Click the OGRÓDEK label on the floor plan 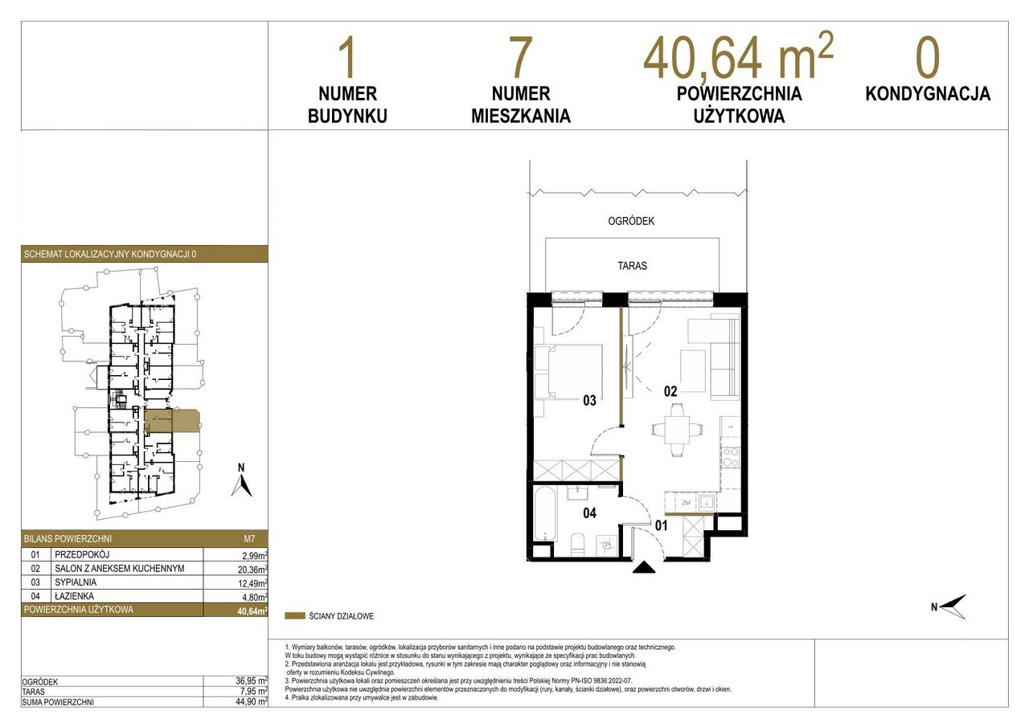[x=631, y=221]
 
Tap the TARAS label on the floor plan [x=632, y=266]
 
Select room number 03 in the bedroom [x=589, y=401]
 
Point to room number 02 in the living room [x=670, y=391]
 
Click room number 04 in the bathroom [x=589, y=513]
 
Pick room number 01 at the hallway [x=661, y=525]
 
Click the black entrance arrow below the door [x=644, y=567]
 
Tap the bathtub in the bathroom [x=546, y=514]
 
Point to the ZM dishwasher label [x=686, y=503]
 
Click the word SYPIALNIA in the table [x=76, y=582]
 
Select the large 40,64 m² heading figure [x=738, y=56]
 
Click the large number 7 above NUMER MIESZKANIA [x=520, y=57]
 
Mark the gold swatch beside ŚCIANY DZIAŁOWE [x=295, y=616]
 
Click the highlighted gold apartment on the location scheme [x=172, y=421]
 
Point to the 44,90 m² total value [x=252, y=702]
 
